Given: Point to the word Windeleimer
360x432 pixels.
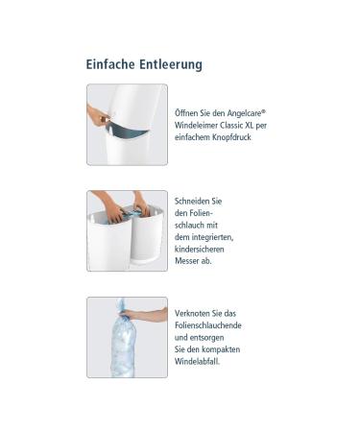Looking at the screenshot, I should [x=199, y=124].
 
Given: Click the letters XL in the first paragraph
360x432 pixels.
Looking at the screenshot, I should [x=255, y=124].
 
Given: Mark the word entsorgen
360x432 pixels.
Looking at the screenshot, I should [x=209, y=338].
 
